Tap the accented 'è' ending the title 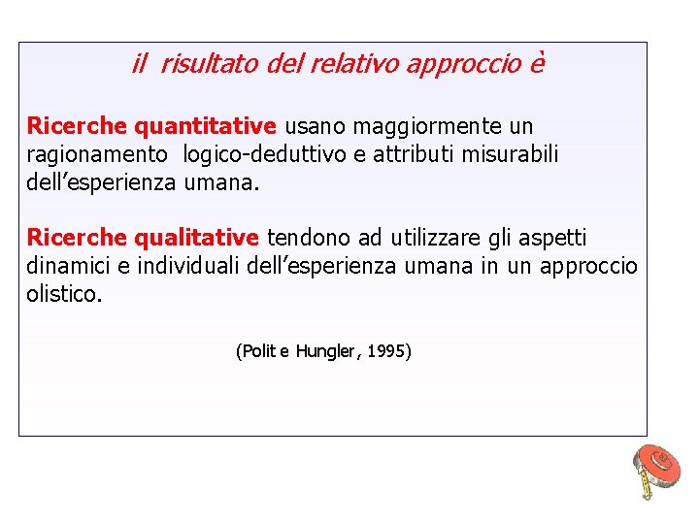tap(537, 64)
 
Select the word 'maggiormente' tap(427, 127)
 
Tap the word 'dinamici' tap(67, 266)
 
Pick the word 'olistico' tap(62, 294)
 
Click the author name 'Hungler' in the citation tap(325, 351)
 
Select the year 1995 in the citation tap(388, 351)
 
